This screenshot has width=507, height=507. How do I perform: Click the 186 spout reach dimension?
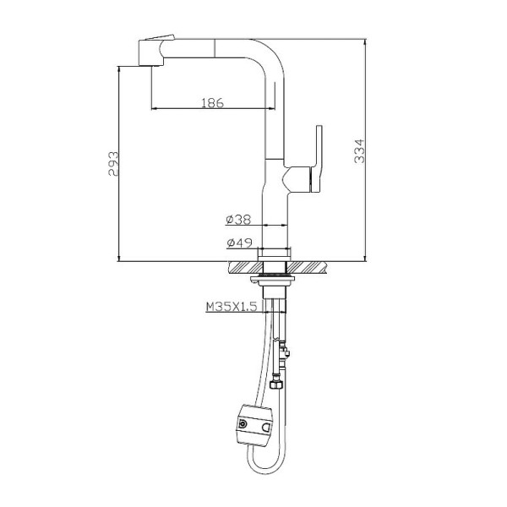[211, 102]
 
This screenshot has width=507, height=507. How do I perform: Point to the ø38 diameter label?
[238, 219]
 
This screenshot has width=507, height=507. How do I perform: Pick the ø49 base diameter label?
[238, 244]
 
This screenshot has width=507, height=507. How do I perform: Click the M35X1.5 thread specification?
[230, 308]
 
